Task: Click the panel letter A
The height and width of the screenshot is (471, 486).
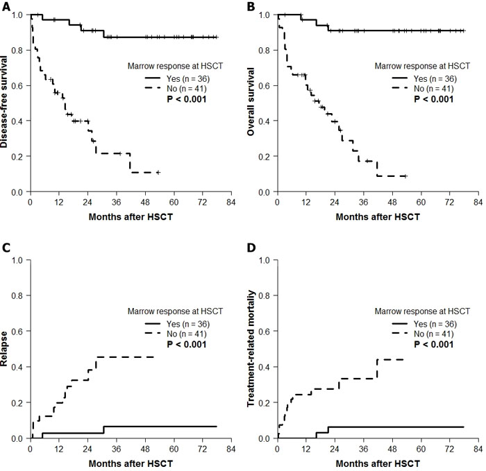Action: [5, 6]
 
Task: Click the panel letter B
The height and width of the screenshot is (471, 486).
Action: [252, 6]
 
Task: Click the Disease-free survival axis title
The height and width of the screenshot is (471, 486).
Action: [6, 103]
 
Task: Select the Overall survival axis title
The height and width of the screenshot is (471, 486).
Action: [253, 103]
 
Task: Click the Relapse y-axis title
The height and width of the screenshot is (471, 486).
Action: [6, 349]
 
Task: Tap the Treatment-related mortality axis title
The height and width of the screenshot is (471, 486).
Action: [253, 349]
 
